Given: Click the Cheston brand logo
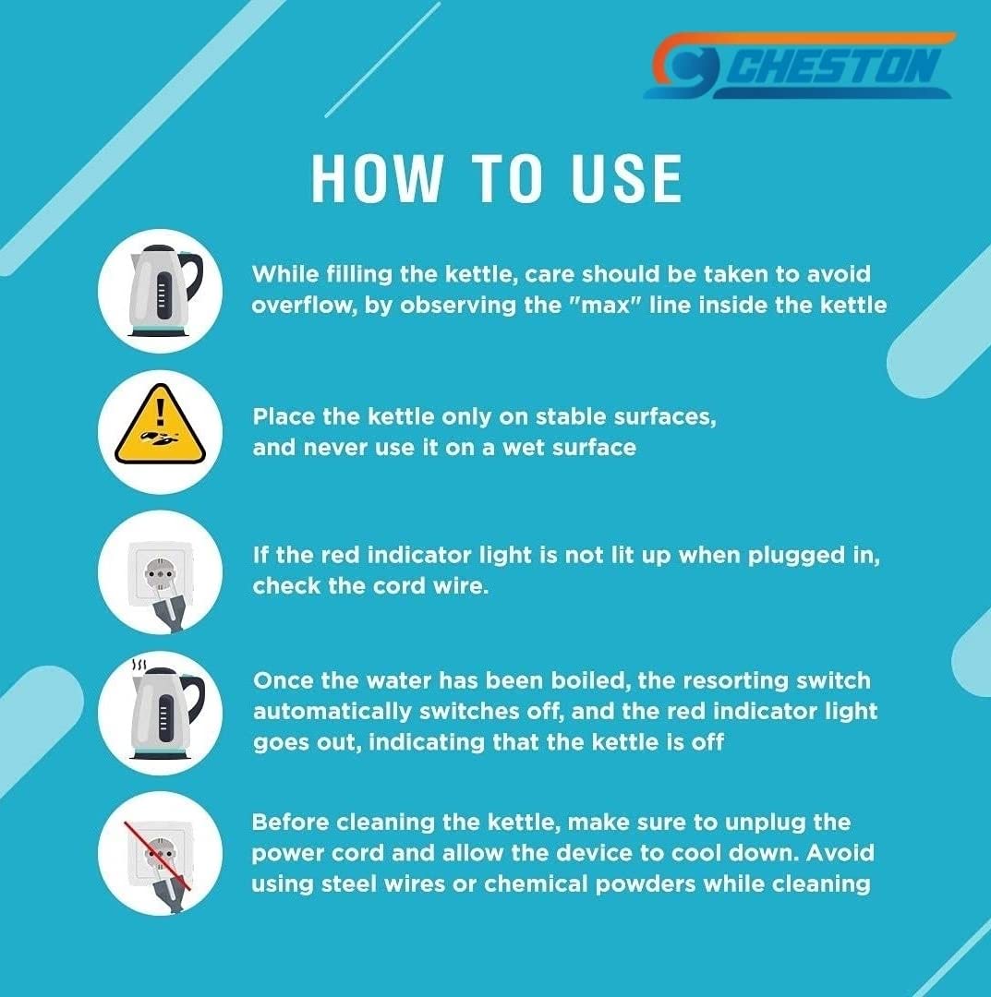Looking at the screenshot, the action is [x=800, y=66].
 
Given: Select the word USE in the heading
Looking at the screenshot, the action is [x=626, y=179].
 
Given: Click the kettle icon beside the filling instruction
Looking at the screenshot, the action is [x=164, y=291].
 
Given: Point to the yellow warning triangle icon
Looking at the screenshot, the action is [x=160, y=424].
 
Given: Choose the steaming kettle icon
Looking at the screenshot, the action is [x=166, y=709].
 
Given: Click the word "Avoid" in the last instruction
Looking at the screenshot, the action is [x=840, y=853].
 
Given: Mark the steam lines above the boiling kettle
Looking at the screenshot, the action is [x=139, y=665].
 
